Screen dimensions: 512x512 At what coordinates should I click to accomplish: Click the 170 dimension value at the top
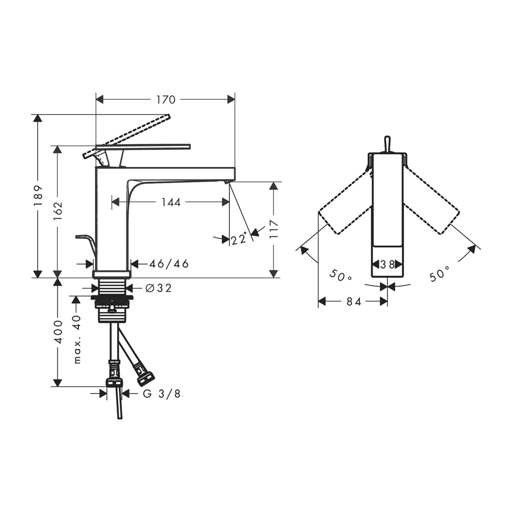[x=165, y=100]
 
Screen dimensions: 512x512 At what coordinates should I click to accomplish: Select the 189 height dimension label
[x=38, y=196]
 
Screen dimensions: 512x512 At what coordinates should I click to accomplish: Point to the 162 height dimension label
[x=58, y=210]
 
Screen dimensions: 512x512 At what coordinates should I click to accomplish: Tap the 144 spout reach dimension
[x=171, y=202]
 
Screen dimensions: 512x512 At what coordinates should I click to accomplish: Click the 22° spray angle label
[x=239, y=239]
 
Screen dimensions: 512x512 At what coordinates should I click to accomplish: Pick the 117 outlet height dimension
[x=273, y=229]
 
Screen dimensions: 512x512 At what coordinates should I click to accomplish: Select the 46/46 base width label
[x=169, y=264]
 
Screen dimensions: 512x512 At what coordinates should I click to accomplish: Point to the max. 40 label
[x=77, y=339]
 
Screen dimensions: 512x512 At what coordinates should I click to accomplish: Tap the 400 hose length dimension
[x=58, y=332]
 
